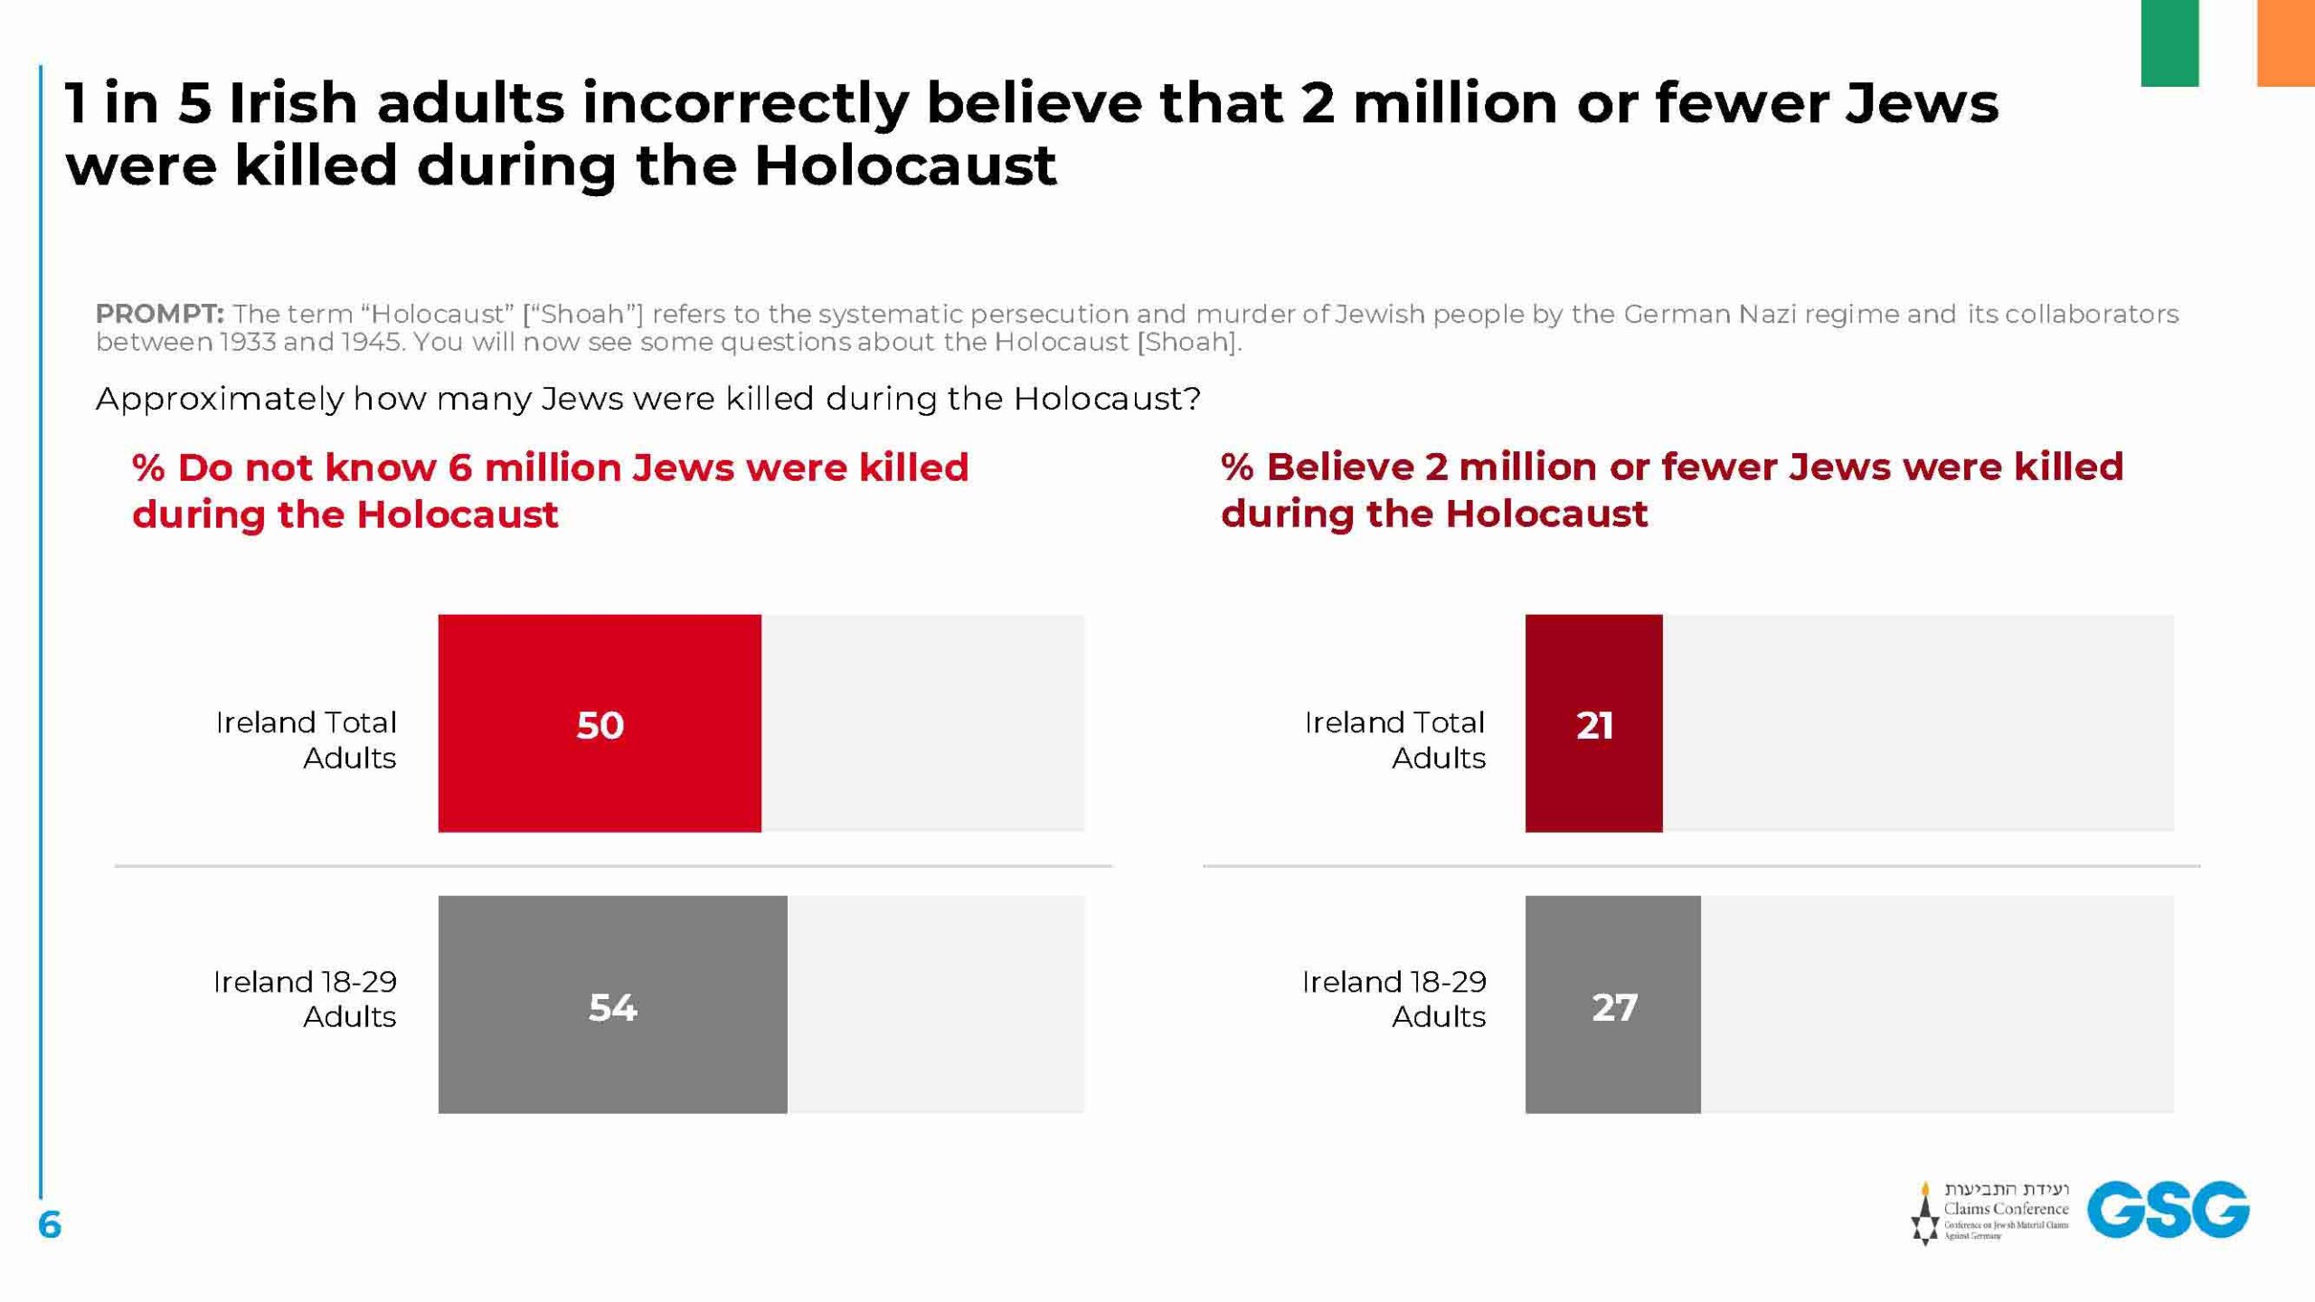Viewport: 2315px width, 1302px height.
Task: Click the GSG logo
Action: click(x=2168, y=1209)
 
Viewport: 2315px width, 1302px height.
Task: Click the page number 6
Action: click(x=50, y=1225)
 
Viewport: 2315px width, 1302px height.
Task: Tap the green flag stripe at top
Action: click(x=2169, y=42)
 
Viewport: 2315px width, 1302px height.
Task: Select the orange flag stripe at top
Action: click(x=2285, y=42)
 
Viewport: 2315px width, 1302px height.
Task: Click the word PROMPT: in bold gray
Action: click(x=159, y=314)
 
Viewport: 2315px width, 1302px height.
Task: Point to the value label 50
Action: click(x=600, y=725)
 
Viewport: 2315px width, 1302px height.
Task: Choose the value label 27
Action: click(x=1614, y=1007)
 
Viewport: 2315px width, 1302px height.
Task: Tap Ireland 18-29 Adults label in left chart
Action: click(x=305, y=998)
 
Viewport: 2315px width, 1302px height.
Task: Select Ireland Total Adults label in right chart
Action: click(x=1394, y=740)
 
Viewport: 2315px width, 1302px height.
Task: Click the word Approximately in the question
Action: click(x=220, y=399)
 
